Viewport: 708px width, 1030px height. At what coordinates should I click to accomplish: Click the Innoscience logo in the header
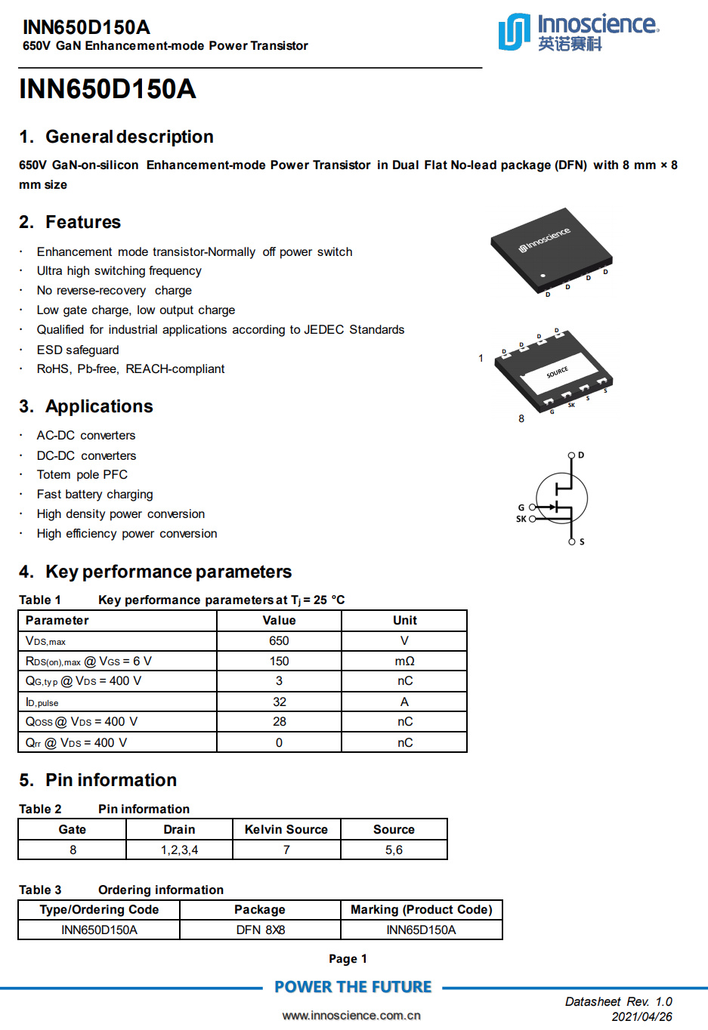(x=578, y=32)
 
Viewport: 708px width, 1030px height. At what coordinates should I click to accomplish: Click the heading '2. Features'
(x=70, y=222)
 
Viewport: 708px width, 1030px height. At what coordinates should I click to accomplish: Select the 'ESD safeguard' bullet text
(x=78, y=350)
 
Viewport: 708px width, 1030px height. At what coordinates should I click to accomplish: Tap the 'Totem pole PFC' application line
(x=82, y=474)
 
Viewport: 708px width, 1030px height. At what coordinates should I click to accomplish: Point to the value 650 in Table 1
(x=279, y=640)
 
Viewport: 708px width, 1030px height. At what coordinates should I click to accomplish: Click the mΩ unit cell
(x=404, y=661)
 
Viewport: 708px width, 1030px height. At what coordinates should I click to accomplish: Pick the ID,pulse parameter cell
(x=42, y=702)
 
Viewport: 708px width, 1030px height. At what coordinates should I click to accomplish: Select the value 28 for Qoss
(x=279, y=722)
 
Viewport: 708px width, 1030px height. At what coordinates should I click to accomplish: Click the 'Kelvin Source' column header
(x=286, y=829)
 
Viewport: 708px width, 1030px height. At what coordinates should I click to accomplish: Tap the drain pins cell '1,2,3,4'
(x=179, y=850)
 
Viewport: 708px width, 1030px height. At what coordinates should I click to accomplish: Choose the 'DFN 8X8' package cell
(x=260, y=930)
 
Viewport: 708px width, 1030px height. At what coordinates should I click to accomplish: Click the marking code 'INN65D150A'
(x=421, y=930)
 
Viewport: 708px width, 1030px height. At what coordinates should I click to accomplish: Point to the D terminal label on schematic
(x=580, y=455)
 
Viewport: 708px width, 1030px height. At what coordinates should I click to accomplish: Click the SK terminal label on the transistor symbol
(x=521, y=519)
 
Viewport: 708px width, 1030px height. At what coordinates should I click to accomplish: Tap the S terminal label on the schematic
(x=582, y=541)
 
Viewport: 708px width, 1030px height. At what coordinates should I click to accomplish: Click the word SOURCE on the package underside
(x=557, y=372)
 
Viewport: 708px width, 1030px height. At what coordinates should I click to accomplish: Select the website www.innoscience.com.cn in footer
(x=351, y=1015)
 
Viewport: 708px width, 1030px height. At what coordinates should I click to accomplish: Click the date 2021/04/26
(x=642, y=1016)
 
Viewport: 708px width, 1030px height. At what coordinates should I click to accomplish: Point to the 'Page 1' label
(x=348, y=958)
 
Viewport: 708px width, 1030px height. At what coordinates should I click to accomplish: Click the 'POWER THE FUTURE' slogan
(x=353, y=987)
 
